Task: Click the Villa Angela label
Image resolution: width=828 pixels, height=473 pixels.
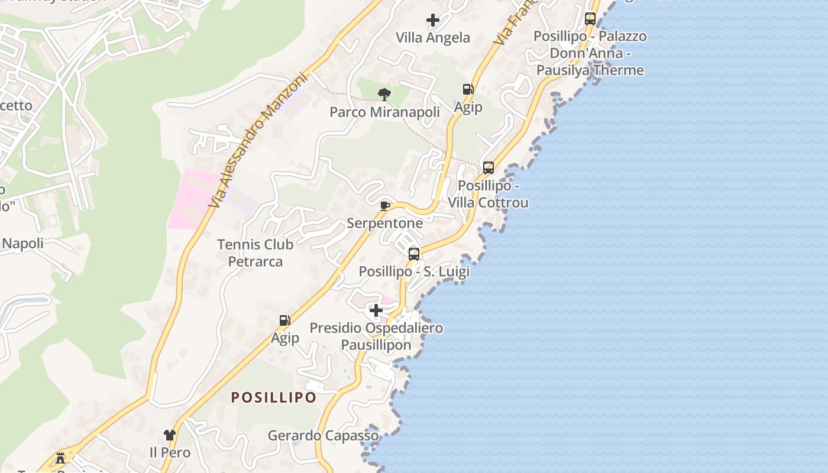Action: (x=433, y=38)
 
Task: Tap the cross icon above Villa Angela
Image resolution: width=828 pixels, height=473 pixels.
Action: (x=433, y=20)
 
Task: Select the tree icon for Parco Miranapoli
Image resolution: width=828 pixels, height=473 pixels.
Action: (x=384, y=94)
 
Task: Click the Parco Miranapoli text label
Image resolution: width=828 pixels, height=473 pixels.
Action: (x=384, y=112)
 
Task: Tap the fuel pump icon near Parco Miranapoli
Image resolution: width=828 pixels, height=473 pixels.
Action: (x=468, y=89)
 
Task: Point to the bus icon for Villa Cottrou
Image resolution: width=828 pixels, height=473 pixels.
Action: (x=488, y=167)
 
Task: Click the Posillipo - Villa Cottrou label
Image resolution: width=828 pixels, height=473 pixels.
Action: (x=488, y=194)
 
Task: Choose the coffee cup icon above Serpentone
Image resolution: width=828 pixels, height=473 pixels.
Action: (x=384, y=206)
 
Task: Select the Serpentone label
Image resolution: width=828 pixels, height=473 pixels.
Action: (x=384, y=223)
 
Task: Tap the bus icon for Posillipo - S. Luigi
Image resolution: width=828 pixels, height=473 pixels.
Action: (x=414, y=254)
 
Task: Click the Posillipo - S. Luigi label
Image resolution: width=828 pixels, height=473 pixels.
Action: (x=414, y=271)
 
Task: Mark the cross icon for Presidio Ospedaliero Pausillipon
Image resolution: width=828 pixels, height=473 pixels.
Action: (x=376, y=310)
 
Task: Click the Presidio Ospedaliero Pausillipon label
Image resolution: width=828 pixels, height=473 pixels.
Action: (x=376, y=336)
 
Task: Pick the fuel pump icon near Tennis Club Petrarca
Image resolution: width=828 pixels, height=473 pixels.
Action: (x=284, y=320)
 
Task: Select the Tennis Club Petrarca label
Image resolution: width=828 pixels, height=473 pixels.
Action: (x=255, y=252)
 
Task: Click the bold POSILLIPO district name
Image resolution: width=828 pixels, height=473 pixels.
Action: (x=274, y=397)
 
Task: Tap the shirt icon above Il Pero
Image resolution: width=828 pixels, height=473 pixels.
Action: (x=170, y=435)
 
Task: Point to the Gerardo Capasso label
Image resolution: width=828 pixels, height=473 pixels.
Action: (x=323, y=436)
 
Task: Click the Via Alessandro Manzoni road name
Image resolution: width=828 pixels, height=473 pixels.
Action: (x=259, y=140)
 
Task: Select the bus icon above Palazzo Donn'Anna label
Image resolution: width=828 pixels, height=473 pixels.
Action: (x=590, y=18)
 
